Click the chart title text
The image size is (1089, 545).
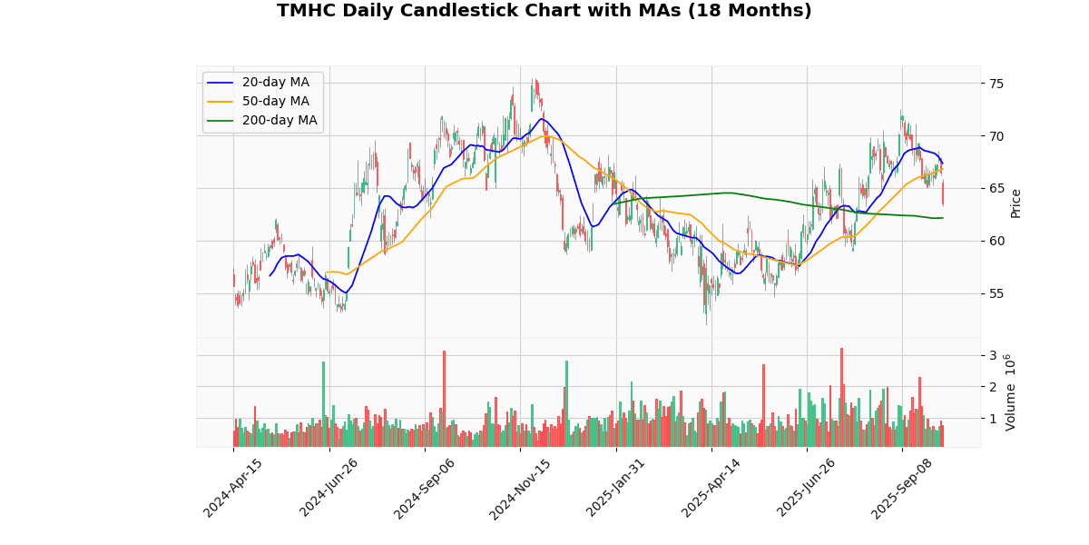[544, 11]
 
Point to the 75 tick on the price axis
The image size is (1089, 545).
[996, 84]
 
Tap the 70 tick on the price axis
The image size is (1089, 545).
[996, 136]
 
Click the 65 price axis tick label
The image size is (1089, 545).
[996, 189]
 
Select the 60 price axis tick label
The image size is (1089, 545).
[996, 242]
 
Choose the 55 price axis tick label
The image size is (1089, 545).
[996, 294]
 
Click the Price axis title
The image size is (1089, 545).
[1016, 203]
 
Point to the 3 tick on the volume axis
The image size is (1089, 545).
[993, 356]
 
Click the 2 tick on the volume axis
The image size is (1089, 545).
[993, 388]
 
